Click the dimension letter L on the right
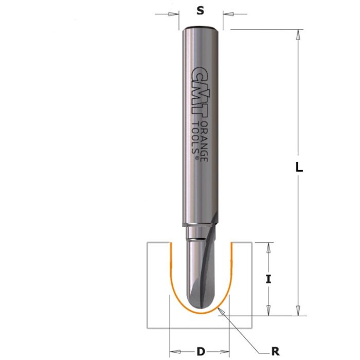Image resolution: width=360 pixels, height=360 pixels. (300, 167)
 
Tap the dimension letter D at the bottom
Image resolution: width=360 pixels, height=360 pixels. (201, 352)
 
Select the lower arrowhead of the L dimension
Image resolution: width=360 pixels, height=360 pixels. (297, 311)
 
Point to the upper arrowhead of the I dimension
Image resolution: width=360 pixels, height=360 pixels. (267, 246)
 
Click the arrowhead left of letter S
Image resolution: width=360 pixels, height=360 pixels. (174, 14)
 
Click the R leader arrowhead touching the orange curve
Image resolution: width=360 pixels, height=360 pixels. (220, 310)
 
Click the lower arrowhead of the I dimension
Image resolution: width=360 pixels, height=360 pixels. (267, 311)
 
